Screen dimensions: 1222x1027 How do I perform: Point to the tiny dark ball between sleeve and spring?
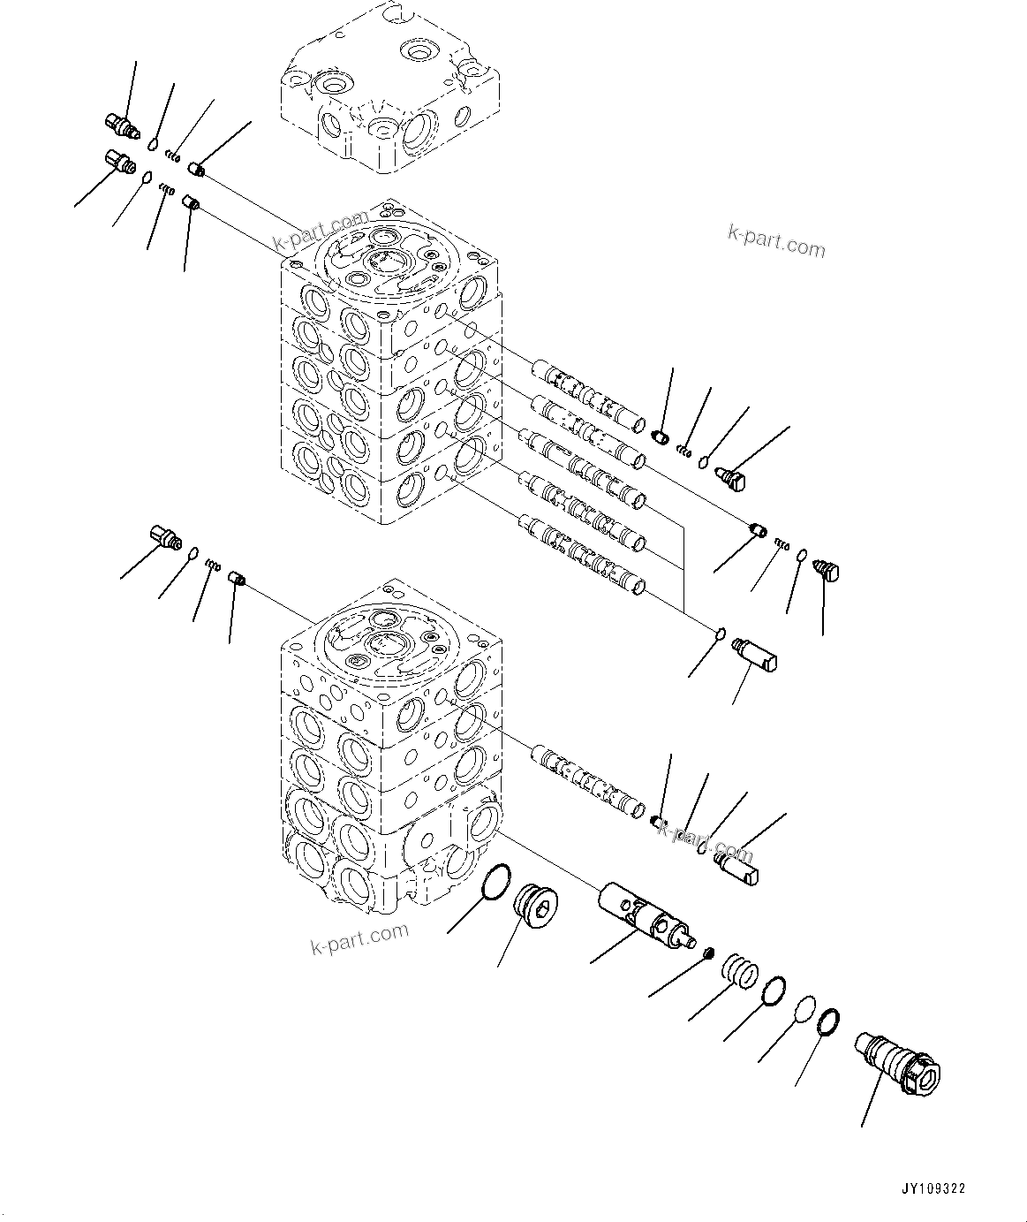[x=707, y=953]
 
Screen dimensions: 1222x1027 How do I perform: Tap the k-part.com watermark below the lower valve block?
[x=360, y=937]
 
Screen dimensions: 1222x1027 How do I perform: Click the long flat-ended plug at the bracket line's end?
[x=757, y=655]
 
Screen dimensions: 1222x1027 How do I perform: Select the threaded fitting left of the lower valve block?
[x=163, y=535]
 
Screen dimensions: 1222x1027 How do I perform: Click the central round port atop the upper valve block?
[x=386, y=262]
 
